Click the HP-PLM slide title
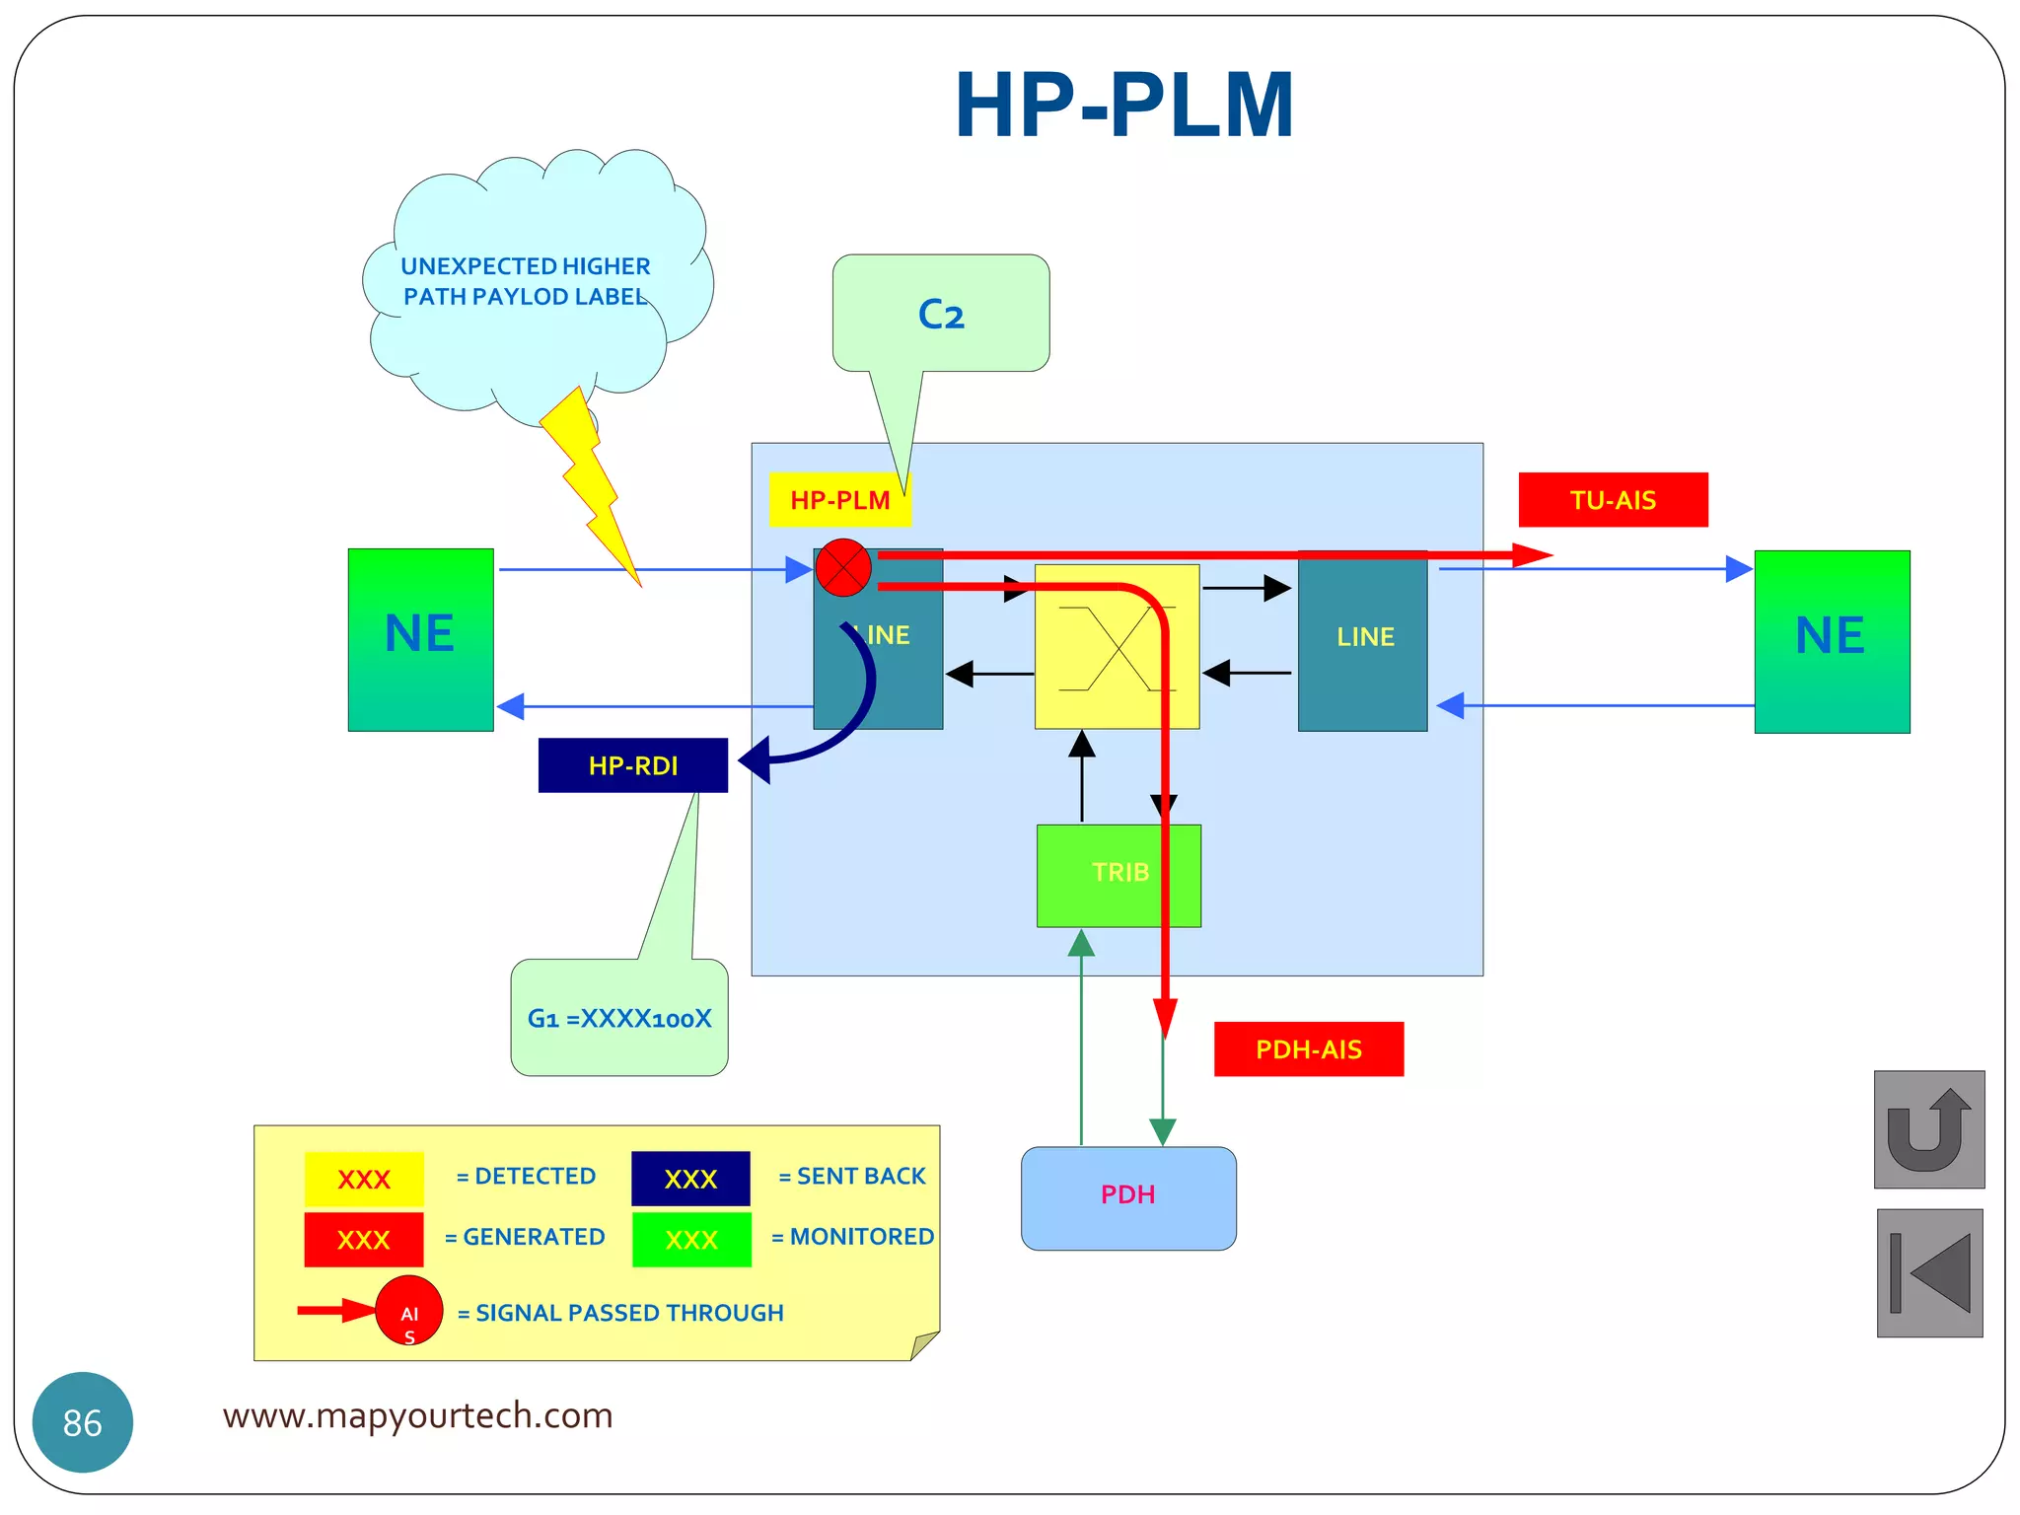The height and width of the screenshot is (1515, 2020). click(1123, 106)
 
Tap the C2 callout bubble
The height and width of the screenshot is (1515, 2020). click(940, 314)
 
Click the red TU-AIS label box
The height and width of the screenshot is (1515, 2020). click(1613, 500)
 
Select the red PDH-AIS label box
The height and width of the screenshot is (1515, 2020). click(1308, 1049)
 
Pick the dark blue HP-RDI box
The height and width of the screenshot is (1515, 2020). click(632, 765)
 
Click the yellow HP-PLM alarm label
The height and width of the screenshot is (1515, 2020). click(839, 500)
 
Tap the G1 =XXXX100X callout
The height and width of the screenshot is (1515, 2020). click(619, 1018)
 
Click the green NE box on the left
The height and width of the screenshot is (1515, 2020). click(420, 639)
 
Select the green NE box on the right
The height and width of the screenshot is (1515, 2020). click(1832, 641)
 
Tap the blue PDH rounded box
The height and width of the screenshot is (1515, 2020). click(1128, 1197)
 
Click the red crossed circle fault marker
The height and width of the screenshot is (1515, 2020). click(843, 568)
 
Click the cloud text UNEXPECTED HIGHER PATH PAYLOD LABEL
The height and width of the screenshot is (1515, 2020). click(526, 281)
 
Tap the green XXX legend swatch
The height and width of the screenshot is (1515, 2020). click(691, 1240)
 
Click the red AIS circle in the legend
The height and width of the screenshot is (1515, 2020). click(408, 1311)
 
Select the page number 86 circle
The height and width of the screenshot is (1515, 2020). click(83, 1421)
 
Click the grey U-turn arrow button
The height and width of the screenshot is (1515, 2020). click(1928, 1129)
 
